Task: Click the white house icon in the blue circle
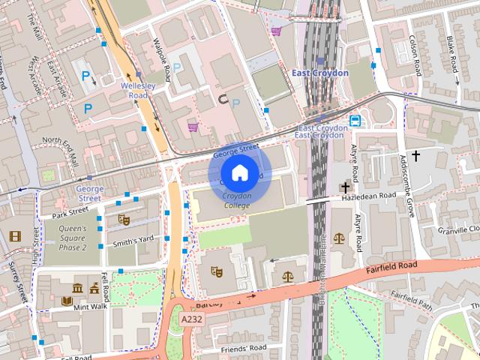pyautogui.click(x=238, y=173)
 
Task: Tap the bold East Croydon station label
pyautogui.click(x=319, y=73)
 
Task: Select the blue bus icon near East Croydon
pyautogui.click(x=354, y=120)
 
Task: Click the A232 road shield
pyautogui.click(x=191, y=319)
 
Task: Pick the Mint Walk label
pyautogui.click(x=91, y=306)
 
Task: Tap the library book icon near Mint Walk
pyautogui.click(x=67, y=302)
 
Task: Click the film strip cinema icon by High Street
pyautogui.click(x=15, y=235)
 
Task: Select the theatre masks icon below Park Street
pyautogui.click(x=124, y=220)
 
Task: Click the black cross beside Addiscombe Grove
pyautogui.click(x=415, y=156)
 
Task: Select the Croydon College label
pyautogui.click(x=237, y=200)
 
